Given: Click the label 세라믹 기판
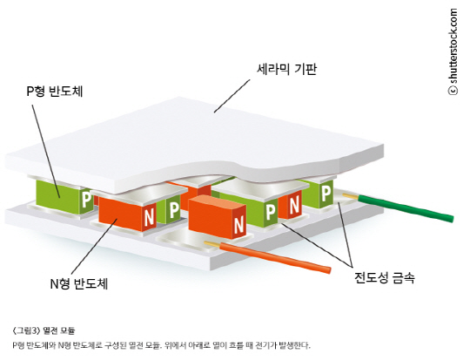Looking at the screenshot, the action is (x=286, y=70).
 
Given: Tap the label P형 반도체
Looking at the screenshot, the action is (x=55, y=92).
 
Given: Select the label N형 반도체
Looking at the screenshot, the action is (x=79, y=283).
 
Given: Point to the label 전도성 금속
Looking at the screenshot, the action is (x=385, y=278).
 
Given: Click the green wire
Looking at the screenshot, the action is (x=406, y=208).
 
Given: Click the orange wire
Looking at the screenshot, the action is (x=275, y=258).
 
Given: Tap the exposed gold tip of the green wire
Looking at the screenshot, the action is (x=351, y=196).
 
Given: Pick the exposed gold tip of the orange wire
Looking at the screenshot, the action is (x=211, y=244).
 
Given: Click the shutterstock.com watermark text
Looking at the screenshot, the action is (x=453, y=46).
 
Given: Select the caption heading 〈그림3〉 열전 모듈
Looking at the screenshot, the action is (x=44, y=330).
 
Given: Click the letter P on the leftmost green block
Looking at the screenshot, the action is (x=87, y=199).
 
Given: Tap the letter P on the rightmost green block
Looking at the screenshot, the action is (x=326, y=192).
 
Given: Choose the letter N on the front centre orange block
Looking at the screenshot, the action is (x=238, y=224).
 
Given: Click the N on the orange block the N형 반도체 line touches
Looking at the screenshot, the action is (x=149, y=217).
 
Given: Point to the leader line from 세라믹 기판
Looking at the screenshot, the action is (x=232, y=96).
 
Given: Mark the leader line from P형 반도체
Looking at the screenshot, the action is (x=46, y=151).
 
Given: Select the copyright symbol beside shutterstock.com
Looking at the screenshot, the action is (x=453, y=91).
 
